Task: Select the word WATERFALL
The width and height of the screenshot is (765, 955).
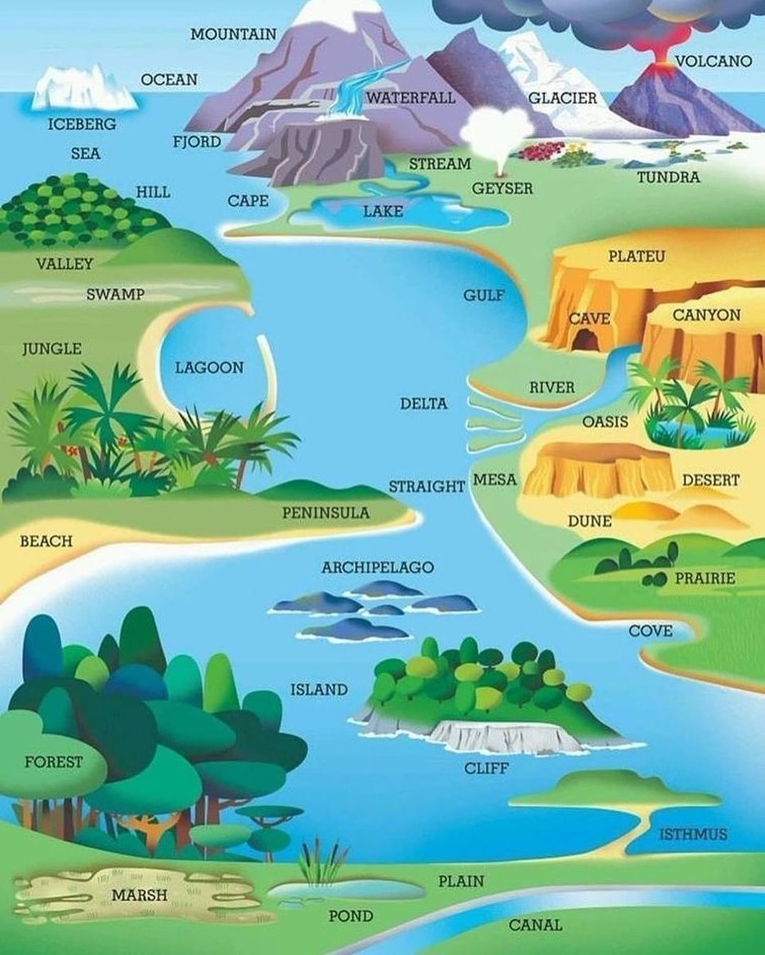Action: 411,98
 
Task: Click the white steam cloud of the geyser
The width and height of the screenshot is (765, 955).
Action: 498,131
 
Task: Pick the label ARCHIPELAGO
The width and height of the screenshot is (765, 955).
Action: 378,567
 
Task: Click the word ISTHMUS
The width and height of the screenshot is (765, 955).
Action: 693,834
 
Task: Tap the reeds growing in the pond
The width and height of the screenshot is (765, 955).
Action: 322,863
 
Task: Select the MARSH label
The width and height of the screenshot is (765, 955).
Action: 139,895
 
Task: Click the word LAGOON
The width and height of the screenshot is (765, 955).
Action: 209,368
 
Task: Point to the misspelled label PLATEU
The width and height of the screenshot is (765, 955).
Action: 637,257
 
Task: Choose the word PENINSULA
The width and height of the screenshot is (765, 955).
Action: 326,513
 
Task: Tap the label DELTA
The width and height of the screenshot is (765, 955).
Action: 423,403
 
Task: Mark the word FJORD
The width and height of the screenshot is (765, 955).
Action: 196,142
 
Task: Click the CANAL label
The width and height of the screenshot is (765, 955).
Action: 535,925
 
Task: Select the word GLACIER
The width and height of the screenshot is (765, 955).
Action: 563,98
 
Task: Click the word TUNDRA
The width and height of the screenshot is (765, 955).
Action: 669,177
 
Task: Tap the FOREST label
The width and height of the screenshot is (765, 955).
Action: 53,762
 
